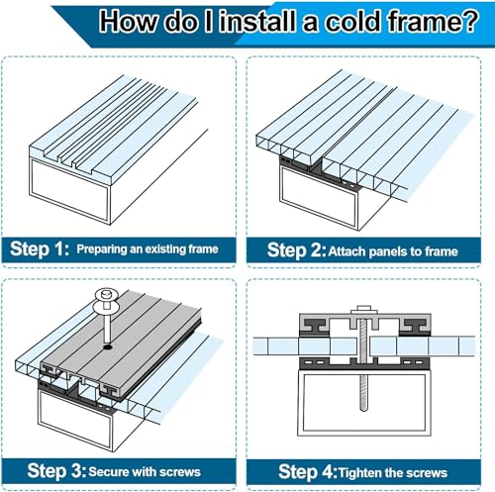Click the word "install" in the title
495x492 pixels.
256,22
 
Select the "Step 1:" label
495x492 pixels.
40,248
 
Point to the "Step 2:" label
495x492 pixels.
297,250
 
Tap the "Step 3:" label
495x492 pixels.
56,470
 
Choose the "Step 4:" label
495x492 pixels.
308,471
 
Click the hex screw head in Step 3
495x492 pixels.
107,294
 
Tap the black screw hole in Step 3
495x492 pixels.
108,347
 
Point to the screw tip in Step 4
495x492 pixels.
363,409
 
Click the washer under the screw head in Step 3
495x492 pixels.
106,308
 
